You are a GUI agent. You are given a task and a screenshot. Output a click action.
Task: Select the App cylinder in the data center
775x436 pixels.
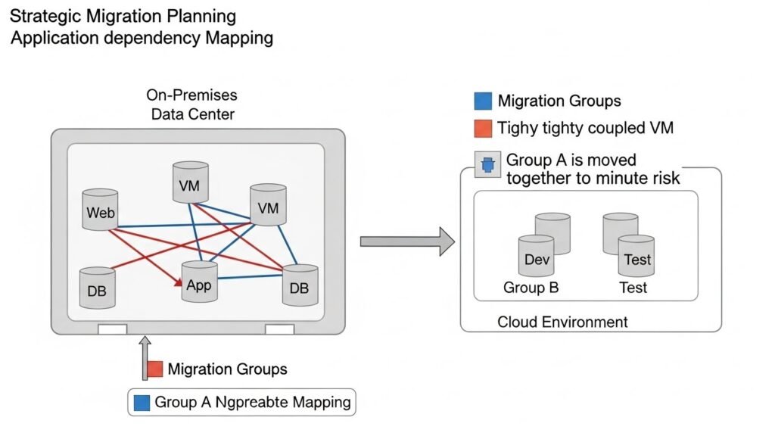pyautogui.click(x=199, y=284)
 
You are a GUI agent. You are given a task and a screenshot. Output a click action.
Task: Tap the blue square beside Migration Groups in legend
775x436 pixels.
pyautogui.click(x=482, y=101)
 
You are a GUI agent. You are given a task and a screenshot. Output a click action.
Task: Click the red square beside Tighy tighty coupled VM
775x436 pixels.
pyautogui.click(x=482, y=128)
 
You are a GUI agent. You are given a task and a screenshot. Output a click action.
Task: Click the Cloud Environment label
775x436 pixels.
pyautogui.click(x=562, y=322)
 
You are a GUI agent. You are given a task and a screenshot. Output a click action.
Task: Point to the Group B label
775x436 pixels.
pyautogui.click(x=531, y=288)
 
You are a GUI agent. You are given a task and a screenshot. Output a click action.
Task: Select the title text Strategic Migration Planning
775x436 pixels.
pyautogui.click(x=123, y=15)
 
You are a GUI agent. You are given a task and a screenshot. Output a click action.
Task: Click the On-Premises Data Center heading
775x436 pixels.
pyautogui.click(x=192, y=105)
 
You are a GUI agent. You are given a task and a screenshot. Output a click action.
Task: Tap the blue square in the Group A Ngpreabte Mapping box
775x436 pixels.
pyautogui.click(x=142, y=403)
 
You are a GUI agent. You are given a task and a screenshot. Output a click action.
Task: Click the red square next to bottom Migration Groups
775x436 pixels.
pyautogui.click(x=155, y=369)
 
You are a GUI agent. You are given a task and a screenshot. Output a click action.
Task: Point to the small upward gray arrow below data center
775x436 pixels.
pyautogui.click(x=145, y=360)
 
